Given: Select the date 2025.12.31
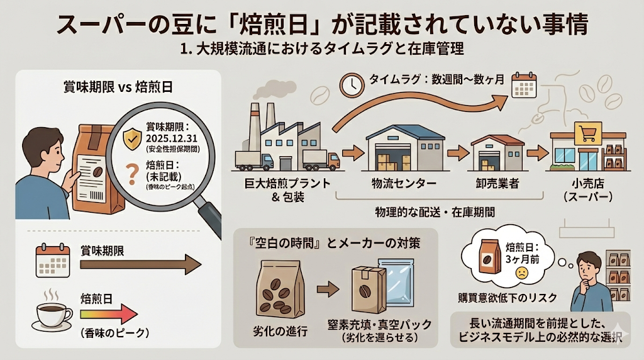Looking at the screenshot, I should [171, 138].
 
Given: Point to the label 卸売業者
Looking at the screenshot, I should [496, 184].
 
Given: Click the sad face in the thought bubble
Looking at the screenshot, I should [521, 273].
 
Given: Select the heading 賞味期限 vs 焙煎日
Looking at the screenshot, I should [118, 87].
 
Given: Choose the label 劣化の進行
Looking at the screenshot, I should [282, 330].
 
